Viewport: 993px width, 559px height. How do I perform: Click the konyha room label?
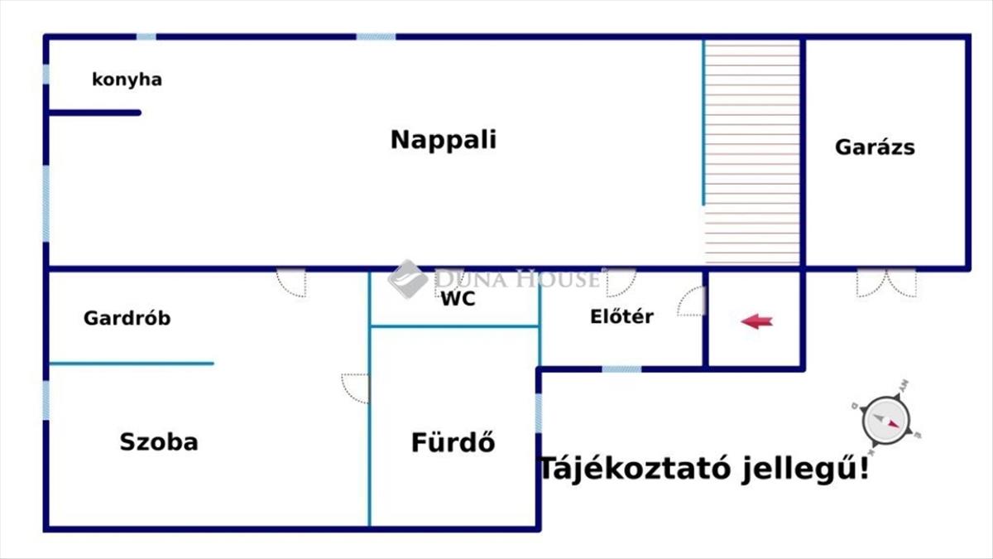click(x=127, y=80)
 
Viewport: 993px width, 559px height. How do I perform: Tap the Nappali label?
click(x=444, y=140)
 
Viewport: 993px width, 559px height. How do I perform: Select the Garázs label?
click(x=875, y=147)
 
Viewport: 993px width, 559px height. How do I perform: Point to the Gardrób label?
click(x=127, y=318)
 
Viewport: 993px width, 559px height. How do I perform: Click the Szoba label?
click(x=159, y=442)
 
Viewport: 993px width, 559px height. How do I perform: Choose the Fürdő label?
click(x=453, y=441)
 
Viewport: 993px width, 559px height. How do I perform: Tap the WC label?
click(x=458, y=299)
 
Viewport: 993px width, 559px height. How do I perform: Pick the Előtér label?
click(x=621, y=316)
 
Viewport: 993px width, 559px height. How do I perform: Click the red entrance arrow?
click(x=756, y=321)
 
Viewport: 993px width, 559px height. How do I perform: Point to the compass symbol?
click(x=885, y=420)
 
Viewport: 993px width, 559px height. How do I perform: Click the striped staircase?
click(x=752, y=152)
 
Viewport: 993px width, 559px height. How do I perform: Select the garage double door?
click(x=886, y=283)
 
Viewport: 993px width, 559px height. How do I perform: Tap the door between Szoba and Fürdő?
click(x=355, y=388)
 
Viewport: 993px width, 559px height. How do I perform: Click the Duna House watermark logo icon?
click(x=407, y=279)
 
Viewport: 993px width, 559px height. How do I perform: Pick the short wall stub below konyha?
click(x=95, y=113)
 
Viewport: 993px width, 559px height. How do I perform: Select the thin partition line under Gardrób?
click(x=132, y=364)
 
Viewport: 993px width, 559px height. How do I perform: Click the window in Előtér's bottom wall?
click(x=621, y=369)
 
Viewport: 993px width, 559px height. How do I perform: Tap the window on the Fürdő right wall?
click(x=539, y=413)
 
